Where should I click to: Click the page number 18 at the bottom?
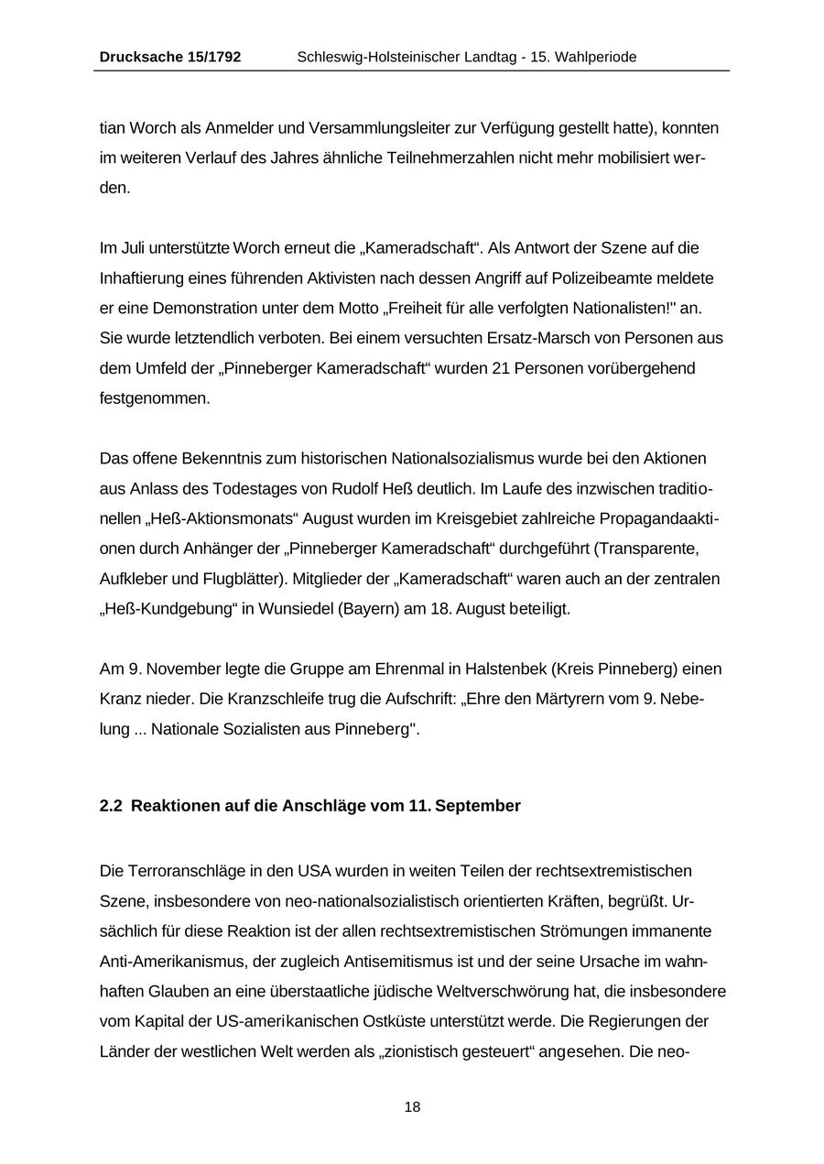click(412, 1107)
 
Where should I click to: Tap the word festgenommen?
click(154, 398)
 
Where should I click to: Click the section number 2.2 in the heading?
click(111, 806)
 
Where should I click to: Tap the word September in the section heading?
click(479, 806)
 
